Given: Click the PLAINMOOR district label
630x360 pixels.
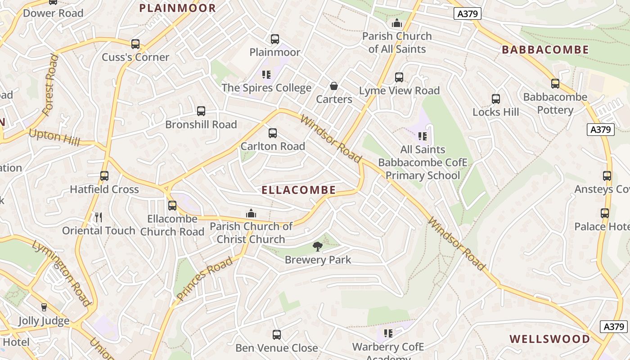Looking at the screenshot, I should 177,8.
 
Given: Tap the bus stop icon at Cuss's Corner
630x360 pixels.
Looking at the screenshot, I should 135,44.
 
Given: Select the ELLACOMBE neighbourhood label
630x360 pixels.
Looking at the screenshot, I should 299,190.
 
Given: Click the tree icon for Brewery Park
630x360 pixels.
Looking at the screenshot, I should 318,246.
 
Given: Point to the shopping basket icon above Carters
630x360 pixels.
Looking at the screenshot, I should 334,85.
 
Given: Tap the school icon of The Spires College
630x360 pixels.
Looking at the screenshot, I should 266,74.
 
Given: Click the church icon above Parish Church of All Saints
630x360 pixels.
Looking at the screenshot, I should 397,23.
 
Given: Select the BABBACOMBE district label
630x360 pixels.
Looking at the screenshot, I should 545,49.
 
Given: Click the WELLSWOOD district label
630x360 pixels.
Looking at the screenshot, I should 549,339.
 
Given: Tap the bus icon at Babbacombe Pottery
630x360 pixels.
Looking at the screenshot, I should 555,84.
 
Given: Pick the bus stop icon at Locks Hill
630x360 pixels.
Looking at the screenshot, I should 496,99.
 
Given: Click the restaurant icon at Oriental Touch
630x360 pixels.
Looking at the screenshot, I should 99,217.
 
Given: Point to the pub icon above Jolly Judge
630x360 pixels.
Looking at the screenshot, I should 44,307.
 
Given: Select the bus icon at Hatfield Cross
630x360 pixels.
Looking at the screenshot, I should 104,176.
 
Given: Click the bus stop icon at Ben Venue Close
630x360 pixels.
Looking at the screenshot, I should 277,335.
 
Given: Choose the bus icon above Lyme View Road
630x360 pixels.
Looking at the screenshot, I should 399,77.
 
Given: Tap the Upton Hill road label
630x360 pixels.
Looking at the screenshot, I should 54,137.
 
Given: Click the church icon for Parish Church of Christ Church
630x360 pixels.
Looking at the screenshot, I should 251,213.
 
